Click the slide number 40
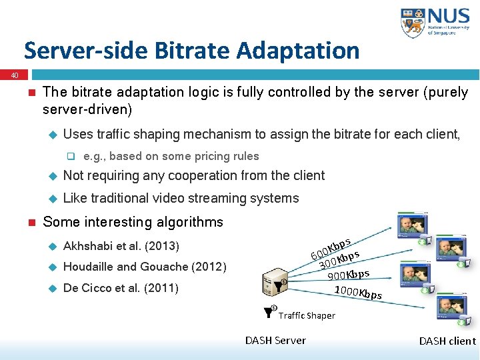tap(15, 76)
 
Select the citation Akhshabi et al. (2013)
tap(121, 246)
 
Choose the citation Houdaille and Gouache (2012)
tap(145, 267)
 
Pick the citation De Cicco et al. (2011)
tap(120, 289)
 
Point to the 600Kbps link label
tap(331, 247)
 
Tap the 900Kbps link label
tap(349, 274)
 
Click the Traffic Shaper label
tap(307, 315)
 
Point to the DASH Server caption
tap(275, 341)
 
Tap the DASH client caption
tap(447, 341)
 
